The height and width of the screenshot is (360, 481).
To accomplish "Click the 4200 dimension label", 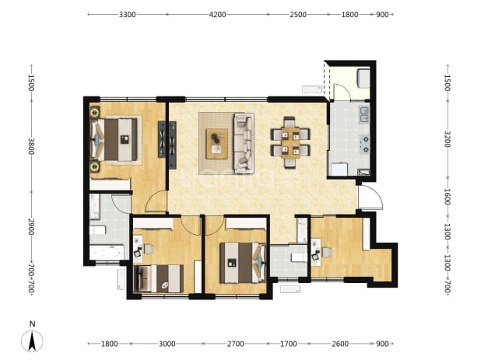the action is (217, 15).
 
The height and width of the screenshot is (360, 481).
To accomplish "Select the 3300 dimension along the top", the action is (128, 15).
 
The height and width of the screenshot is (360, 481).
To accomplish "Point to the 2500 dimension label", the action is (298, 15).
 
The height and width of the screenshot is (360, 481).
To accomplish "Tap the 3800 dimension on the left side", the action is (31, 146).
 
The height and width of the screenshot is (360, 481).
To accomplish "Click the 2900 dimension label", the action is (31, 227).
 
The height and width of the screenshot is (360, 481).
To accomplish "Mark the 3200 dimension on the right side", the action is (448, 139).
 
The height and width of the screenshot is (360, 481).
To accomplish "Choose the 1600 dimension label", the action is (448, 197).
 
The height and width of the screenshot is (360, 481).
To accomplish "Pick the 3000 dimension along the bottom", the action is (167, 344).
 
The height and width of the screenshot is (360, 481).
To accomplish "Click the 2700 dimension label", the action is (235, 344).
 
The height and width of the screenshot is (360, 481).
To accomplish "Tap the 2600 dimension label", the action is (340, 344).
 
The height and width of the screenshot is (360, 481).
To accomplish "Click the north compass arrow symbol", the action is (32, 341).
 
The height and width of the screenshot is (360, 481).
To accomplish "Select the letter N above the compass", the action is (32, 323).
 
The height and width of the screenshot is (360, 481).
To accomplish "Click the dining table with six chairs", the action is (290, 142).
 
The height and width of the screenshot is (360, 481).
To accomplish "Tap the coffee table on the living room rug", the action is (217, 144).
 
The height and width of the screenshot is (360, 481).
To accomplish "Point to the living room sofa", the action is (244, 143).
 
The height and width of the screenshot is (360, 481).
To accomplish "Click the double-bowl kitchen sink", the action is (364, 114).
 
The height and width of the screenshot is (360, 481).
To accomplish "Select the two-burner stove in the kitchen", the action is (364, 145).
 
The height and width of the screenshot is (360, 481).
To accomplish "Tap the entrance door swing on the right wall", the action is (371, 197).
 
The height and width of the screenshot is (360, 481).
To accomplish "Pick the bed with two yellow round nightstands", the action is (114, 140).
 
